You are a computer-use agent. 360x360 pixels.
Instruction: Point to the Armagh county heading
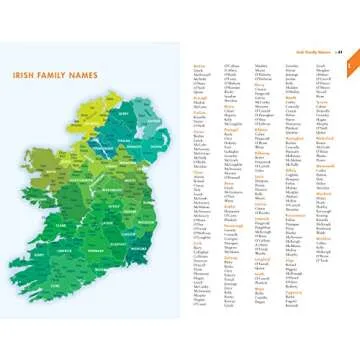pos(199,97)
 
